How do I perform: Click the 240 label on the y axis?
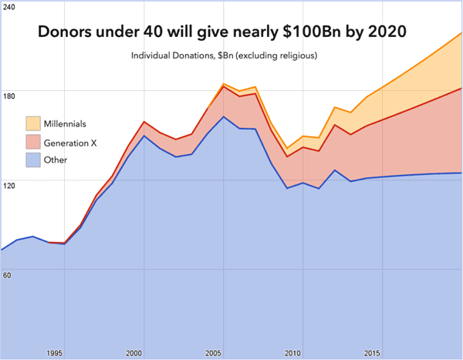pyautogui.click(x=8, y=7)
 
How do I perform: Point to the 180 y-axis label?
pyautogui.click(x=8, y=96)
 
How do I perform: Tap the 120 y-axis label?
pyautogui.click(x=8, y=186)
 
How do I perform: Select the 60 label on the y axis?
pyautogui.click(x=7, y=275)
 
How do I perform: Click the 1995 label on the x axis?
pyautogui.click(x=54, y=353)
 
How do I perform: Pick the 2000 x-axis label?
pyautogui.click(x=133, y=353)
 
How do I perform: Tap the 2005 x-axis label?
pyautogui.click(x=213, y=353)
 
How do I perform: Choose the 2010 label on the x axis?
pyautogui.click(x=292, y=353)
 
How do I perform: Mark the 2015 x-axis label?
pyautogui.click(x=372, y=353)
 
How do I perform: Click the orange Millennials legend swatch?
pyautogui.click(x=33, y=123)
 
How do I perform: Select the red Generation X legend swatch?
pyautogui.click(x=33, y=142)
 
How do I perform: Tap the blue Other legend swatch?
pyautogui.click(x=33, y=160)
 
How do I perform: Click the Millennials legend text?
pyautogui.click(x=65, y=123)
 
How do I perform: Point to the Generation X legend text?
pyautogui.click(x=70, y=143)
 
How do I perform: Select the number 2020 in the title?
pyautogui.click(x=387, y=32)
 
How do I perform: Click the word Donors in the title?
pyautogui.click(x=65, y=32)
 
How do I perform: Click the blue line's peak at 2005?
pyautogui.click(x=224, y=116)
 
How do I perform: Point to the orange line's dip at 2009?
pyautogui.click(x=287, y=148)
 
